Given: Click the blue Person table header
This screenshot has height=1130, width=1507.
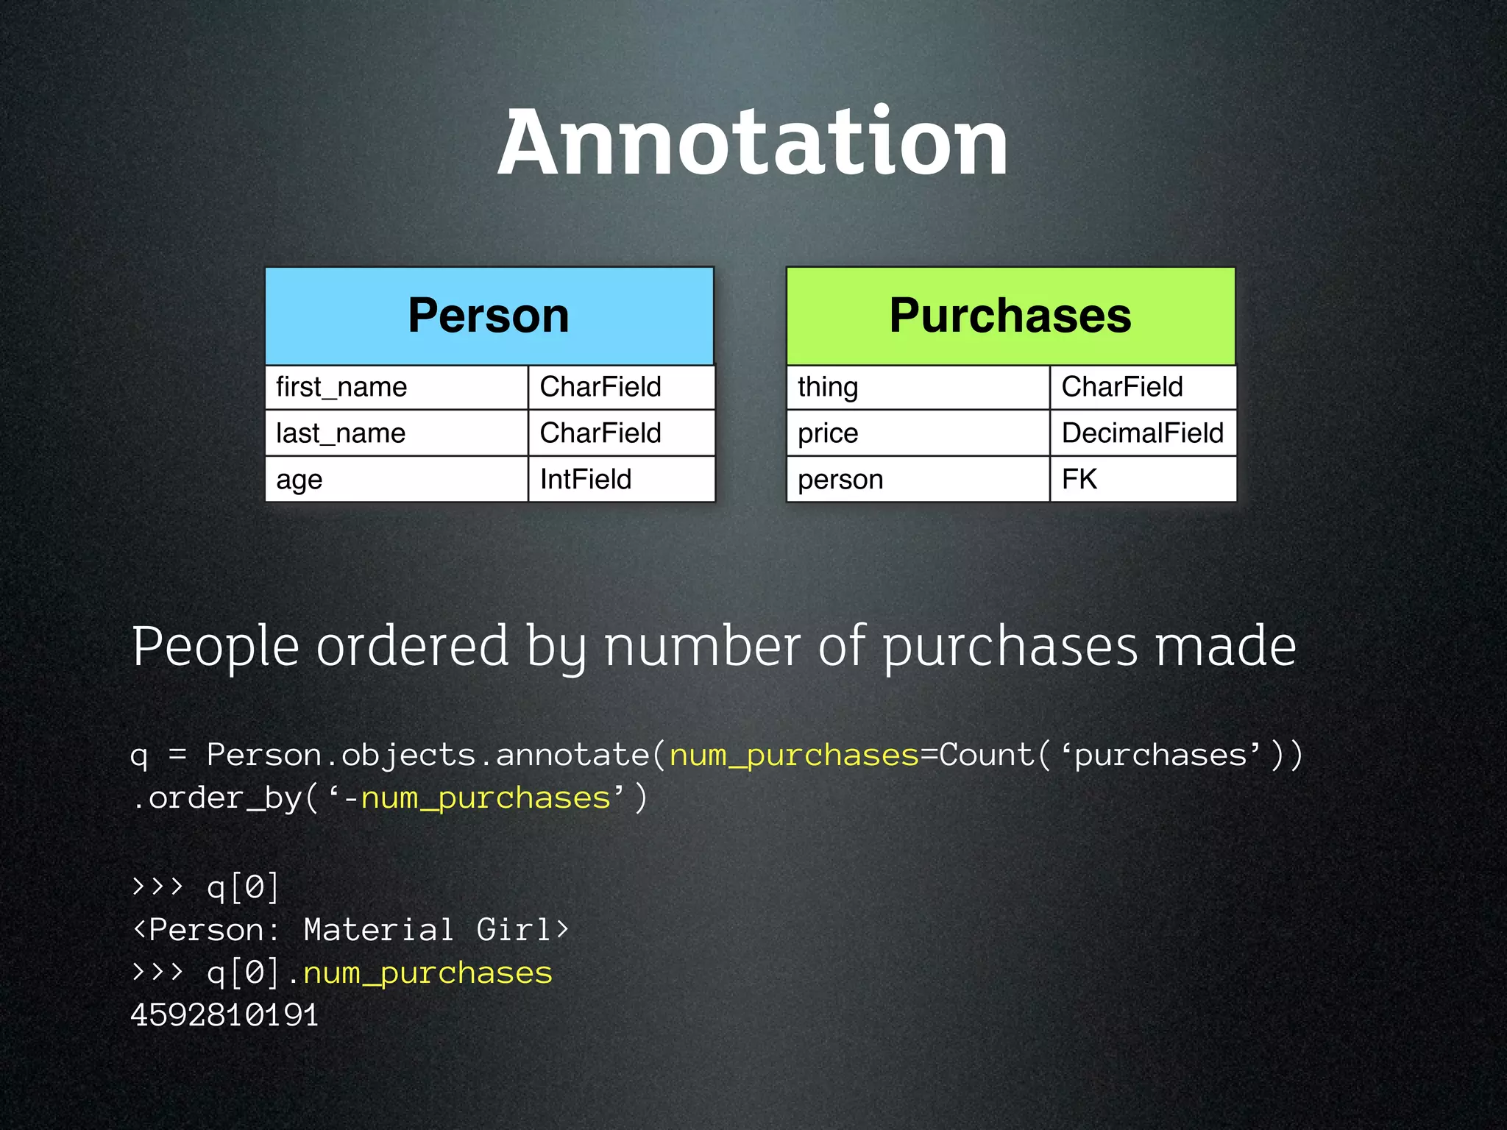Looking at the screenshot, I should click(x=489, y=316).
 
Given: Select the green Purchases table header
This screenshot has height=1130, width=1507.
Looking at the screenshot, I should click(x=1010, y=316).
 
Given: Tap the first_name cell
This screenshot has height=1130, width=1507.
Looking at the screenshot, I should click(x=396, y=387).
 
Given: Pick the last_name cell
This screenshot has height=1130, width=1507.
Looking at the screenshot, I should click(x=396, y=433).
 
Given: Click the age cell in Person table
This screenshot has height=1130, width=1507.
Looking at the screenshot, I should click(x=396, y=480).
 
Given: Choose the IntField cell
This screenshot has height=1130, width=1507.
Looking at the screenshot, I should click(x=621, y=480).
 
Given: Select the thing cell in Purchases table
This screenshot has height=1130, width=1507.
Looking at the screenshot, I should click(x=918, y=387).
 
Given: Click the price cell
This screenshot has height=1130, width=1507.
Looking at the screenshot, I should click(x=918, y=433).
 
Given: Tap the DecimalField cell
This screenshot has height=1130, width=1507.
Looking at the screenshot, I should click(x=1143, y=433).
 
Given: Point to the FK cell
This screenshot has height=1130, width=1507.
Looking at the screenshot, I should click(x=1143, y=480).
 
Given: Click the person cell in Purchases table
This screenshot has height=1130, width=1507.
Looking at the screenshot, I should click(x=918, y=480).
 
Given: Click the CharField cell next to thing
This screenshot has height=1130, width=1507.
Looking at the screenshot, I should click(x=1143, y=387).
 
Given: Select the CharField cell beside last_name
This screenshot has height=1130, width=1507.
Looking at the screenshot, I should click(x=621, y=433).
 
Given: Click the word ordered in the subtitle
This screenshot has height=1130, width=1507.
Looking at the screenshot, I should click(x=413, y=646).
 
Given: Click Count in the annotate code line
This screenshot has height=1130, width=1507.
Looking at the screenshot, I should click(x=987, y=755).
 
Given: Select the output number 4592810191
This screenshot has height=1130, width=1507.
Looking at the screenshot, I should click(x=224, y=1015).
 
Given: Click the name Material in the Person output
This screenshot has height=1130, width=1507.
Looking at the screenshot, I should click(x=378, y=930).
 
